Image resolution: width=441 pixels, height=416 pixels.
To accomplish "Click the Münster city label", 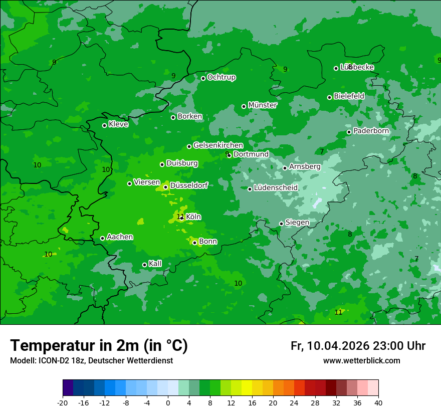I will coord(262,105).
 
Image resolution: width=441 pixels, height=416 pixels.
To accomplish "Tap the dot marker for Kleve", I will coord(104,125).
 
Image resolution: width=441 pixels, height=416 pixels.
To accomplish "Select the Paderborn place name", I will coord(371,131).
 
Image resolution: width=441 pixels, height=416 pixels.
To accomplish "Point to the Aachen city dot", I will coord(102,238).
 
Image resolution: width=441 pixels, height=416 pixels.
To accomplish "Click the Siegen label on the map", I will coord(297,223).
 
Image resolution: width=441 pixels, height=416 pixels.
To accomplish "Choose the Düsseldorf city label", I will coord(189,185).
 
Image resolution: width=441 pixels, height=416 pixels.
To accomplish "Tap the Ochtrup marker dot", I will coord(203,78).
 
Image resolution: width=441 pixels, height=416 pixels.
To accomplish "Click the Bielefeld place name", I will coord(349,96).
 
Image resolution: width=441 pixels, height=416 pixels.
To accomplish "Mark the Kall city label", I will coord(155,264).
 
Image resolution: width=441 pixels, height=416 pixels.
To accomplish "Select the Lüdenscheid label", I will coord(276,188).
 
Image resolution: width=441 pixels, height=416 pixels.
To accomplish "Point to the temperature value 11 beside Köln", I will coord(180,217).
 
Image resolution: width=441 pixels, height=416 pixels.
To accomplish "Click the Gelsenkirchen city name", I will coord(218,145).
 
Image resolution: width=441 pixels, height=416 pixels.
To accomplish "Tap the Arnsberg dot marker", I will coord(285,168).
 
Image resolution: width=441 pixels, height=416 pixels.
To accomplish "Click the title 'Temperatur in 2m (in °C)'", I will coord(99,345).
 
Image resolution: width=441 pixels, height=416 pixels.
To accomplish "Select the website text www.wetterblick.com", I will coord(361,361).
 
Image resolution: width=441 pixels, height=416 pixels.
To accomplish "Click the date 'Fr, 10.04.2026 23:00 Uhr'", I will coord(358,346).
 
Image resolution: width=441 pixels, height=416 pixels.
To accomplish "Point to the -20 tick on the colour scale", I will coord(63,402).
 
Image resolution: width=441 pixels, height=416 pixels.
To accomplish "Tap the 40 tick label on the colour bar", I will coord(378,402).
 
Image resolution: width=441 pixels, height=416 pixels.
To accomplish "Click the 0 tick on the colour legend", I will coord(168,402).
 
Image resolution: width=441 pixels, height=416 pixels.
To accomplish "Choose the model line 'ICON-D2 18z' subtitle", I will coord(91,361).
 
